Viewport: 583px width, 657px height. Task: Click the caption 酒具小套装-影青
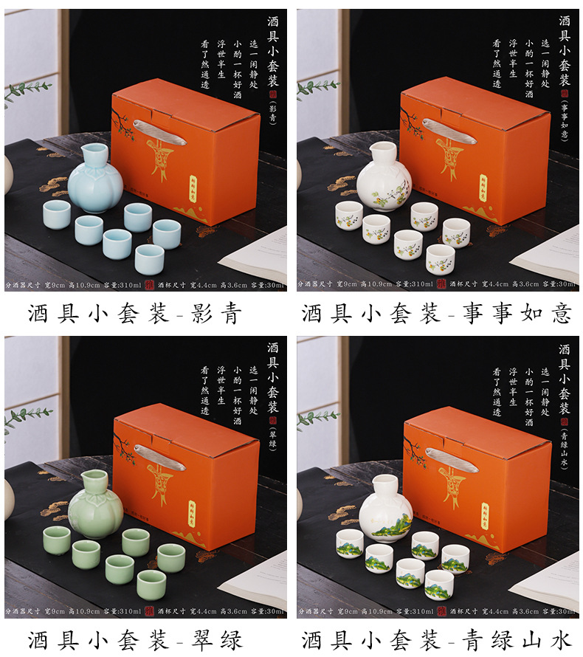[x=136, y=313]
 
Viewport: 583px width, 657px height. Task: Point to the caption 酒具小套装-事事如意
[x=436, y=313]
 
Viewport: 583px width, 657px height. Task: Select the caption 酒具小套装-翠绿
[x=136, y=639]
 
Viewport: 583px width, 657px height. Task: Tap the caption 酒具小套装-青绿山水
[x=436, y=639]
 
